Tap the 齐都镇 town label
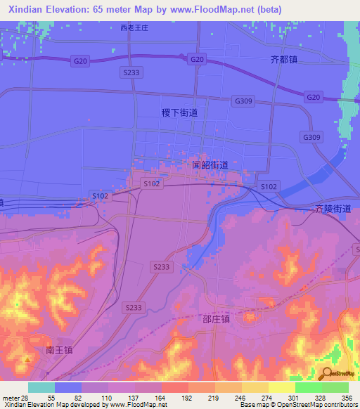pyautogui.click(x=284, y=60)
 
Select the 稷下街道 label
pyautogui.click(x=179, y=112)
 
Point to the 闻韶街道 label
pyautogui.click(x=210, y=165)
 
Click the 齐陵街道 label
pyautogui.click(x=333, y=209)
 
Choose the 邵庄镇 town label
pyautogui.click(x=259, y=318)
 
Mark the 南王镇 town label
pyautogui.click(x=59, y=349)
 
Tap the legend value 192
pyautogui.click(x=186, y=398)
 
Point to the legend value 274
pyautogui.click(x=266, y=398)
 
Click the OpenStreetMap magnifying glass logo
pyautogui.click(x=328, y=372)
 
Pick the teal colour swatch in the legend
pyautogui.click(x=41, y=387)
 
